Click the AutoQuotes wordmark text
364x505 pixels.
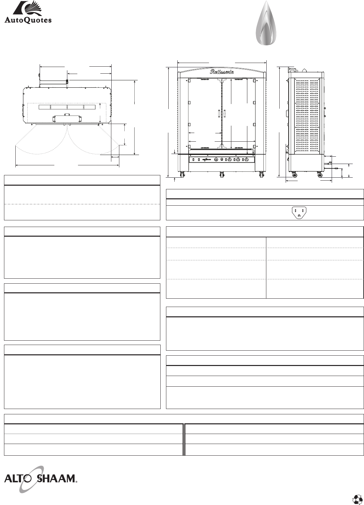[x=28, y=20]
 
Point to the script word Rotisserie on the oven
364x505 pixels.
[x=222, y=72]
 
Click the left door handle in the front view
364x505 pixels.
[x=219, y=114]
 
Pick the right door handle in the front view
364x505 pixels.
[x=225, y=114]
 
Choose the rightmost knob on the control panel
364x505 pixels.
[x=247, y=160]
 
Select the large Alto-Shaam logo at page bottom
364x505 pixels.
[x=39, y=479]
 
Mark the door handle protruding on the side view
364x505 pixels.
[x=287, y=113]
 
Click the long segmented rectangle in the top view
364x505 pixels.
[x=67, y=107]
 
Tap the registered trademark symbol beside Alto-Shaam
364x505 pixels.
[x=76, y=482]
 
